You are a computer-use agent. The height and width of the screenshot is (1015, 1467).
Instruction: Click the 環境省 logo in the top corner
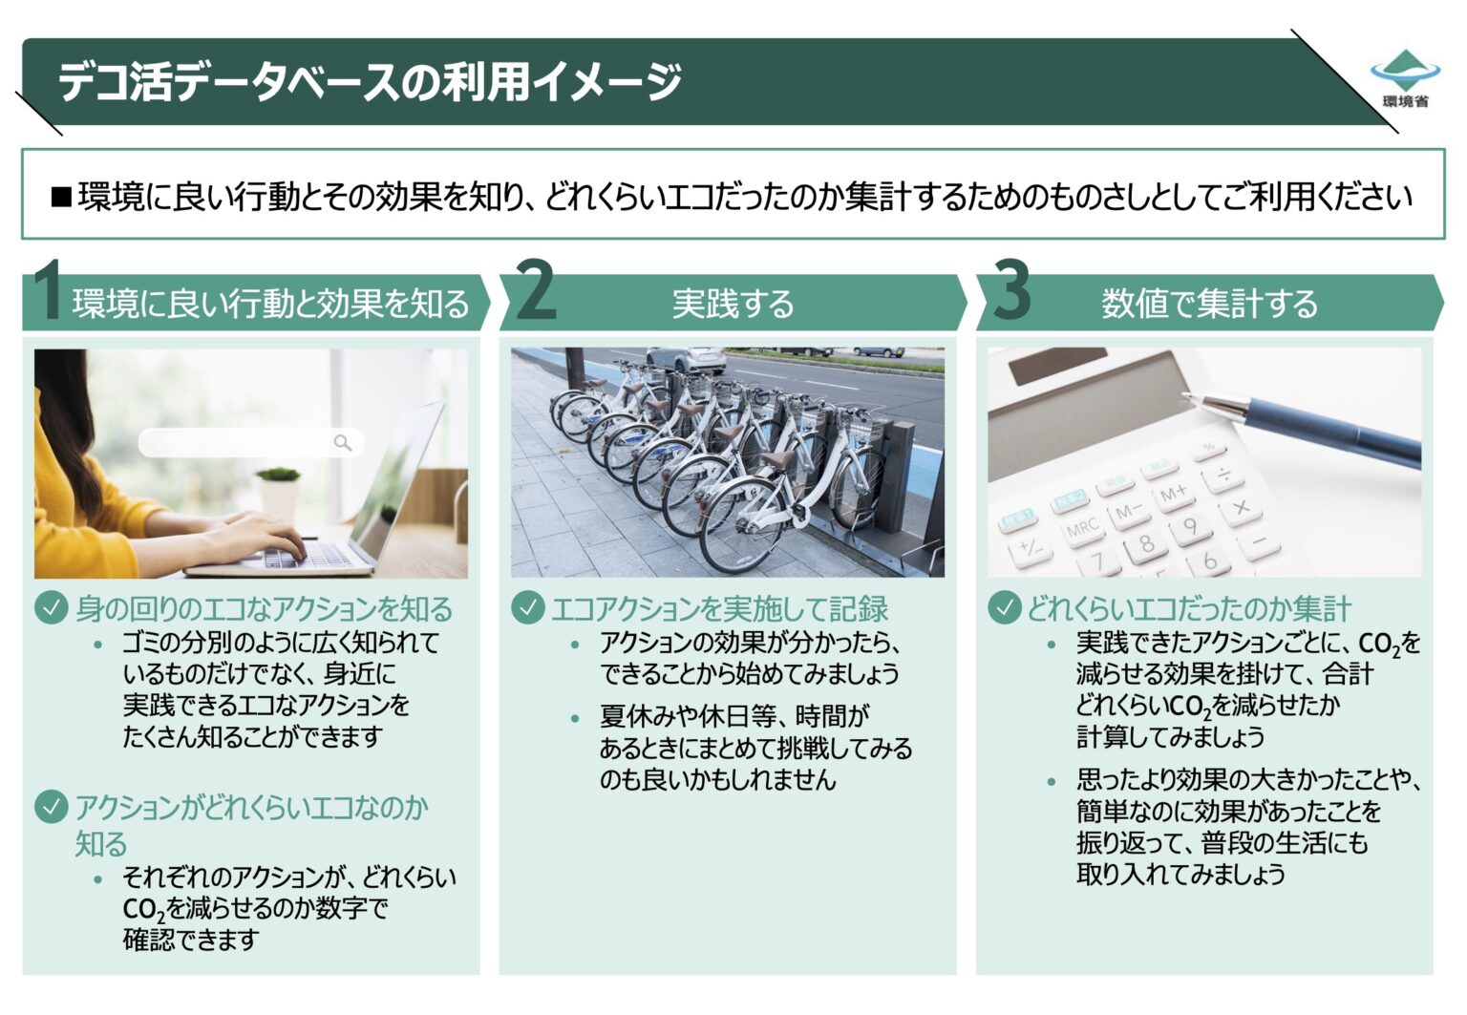[x=1404, y=76]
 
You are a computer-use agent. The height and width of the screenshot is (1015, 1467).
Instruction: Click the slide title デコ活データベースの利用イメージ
[x=371, y=81]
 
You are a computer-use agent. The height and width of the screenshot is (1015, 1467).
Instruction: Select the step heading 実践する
[x=733, y=304]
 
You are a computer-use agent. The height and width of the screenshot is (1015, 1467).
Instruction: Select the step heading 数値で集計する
[x=1209, y=304]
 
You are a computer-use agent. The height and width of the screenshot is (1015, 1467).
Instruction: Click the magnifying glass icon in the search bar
[x=343, y=442]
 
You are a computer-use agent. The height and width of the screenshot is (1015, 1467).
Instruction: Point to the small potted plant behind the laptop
[x=279, y=482]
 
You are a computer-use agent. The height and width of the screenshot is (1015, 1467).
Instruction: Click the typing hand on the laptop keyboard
[x=258, y=531]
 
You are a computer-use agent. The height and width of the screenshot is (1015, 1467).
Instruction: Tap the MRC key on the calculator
[x=1083, y=528]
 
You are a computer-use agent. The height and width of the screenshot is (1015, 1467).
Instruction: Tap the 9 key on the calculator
[x=1190, y=526]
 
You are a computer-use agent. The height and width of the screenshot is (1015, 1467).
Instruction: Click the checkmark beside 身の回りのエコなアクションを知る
[x=51, y=607]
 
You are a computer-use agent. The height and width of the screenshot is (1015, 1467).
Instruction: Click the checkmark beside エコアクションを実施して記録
[x=527, y=607]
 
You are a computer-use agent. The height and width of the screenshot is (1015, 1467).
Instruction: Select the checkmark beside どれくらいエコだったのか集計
[x=1004, y=607]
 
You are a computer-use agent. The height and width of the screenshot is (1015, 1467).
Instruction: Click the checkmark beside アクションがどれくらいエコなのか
[x=51, y=807]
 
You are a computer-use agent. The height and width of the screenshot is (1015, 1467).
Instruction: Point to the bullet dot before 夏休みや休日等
[x=575, y=718]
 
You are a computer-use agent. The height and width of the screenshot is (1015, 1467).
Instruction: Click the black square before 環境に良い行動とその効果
[x=61, y=198]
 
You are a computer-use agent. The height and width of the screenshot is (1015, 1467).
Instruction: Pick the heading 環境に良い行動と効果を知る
[x=271, y=304]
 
